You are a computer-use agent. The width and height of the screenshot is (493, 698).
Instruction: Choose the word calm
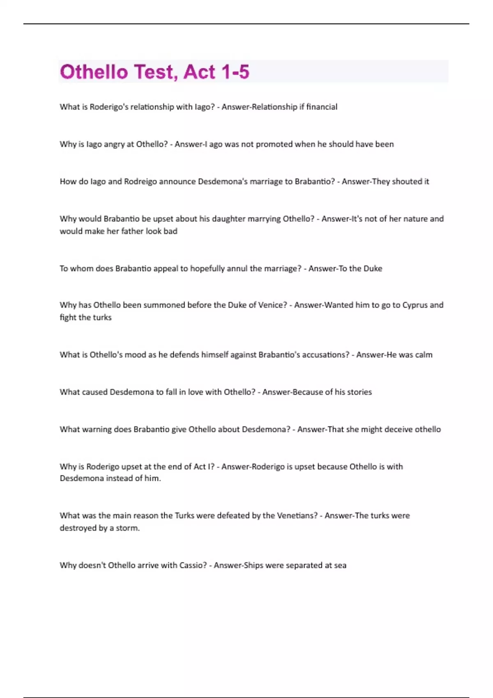pyautogui.click(x=424, y=355)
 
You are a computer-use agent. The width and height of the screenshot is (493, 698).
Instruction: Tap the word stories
pyautogui.click(x=359, y=392)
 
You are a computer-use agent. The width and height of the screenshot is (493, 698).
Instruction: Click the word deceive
pyautogui.click(x=396, y=429)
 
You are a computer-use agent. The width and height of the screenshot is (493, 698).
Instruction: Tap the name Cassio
pyautogui.click(x=193, y=565)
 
